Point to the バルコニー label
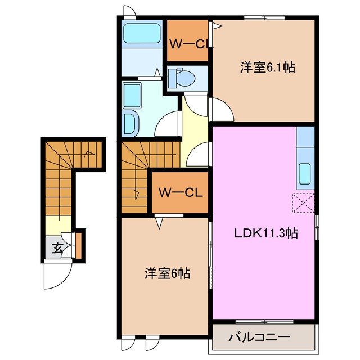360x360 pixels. coord(259,337)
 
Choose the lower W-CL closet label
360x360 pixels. coord(180,192)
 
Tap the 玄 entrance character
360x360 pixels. coord(57,246)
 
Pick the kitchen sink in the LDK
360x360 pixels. coord(305,172)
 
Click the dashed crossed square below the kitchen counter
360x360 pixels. coord(304,202)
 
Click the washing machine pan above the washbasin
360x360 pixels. coord(133,93)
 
